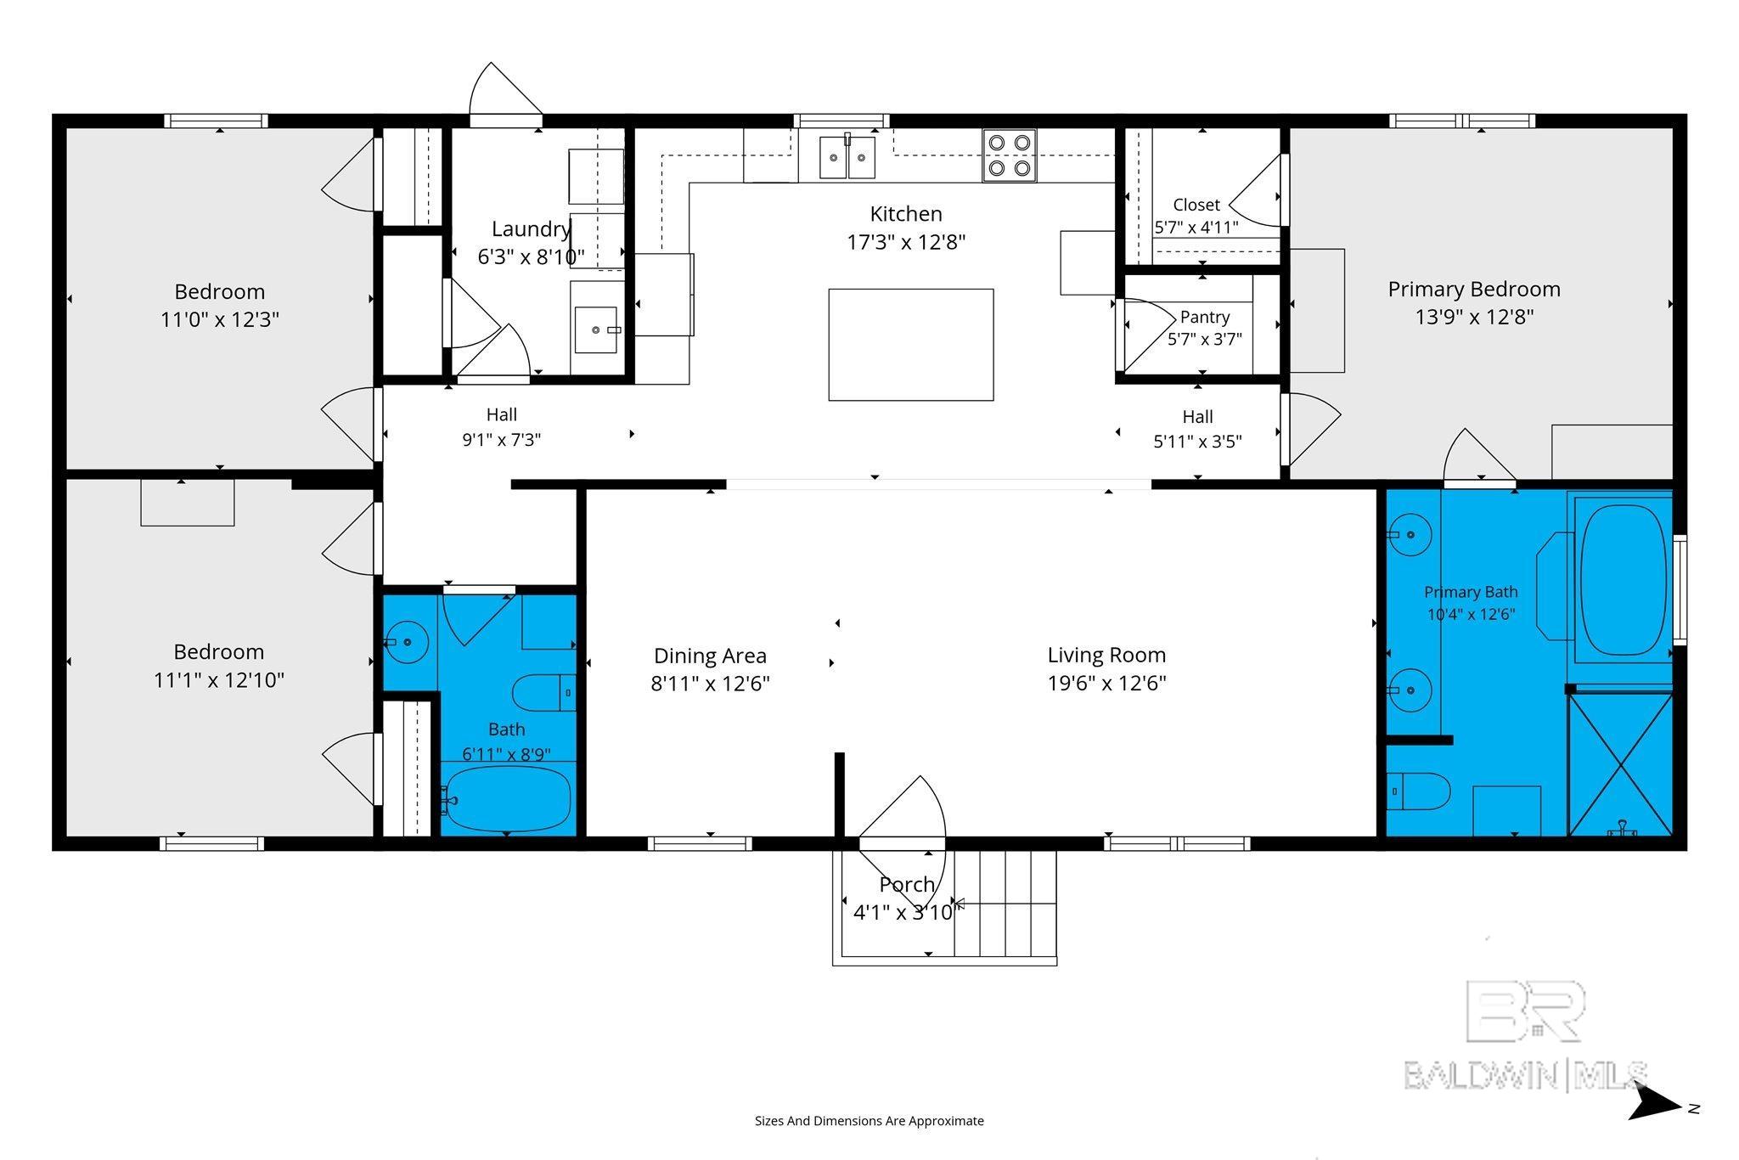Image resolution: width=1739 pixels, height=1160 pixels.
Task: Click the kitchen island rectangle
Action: pos(911,344)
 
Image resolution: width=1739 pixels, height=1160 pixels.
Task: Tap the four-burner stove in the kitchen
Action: pos(1010,155)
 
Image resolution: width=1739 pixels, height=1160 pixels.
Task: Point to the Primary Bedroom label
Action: pos(1474,290)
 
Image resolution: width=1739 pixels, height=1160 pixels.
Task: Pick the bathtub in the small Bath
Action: pos(508,798)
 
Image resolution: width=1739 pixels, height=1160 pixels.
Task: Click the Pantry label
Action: pos(1205,317)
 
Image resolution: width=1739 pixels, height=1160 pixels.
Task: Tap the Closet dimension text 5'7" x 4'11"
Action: pos(1196,228)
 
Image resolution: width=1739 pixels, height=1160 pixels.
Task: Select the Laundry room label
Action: pos(531,229)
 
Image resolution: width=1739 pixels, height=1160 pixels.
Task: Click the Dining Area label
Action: pos(710,656)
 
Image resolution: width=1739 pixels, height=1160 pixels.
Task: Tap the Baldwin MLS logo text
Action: pos(1526,1075)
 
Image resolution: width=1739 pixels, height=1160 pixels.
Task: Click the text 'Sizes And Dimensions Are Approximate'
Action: pos(869,1121)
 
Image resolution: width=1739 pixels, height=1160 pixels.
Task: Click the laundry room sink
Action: pos(597,329)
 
